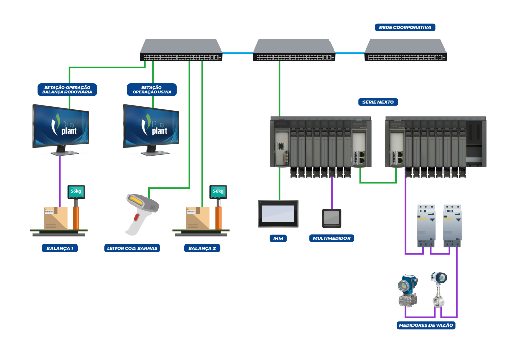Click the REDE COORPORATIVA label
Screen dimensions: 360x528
click(x=405, y=27)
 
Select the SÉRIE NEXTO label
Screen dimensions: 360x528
click(x=378, y=102)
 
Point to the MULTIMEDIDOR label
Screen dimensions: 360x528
click(x=332, y=238)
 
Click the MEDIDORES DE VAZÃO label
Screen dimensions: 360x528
click(x=426, y=325)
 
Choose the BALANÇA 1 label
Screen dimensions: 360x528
click(x=60, y=248)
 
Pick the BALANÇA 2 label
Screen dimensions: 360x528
click(x=202, y=248)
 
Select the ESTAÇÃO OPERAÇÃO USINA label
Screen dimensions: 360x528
click(x=152, y=90)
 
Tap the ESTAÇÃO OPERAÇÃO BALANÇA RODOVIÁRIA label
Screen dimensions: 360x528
click(x=67, y=90)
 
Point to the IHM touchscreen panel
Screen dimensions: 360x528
click(x=278, y=214)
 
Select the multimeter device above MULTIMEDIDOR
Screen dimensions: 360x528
click(x=332, y=218)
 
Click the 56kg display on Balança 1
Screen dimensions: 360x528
click(x=76, y=192)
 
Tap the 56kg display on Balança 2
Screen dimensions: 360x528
click(x=218, y=192)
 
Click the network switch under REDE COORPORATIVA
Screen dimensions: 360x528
click(x=405, y=50)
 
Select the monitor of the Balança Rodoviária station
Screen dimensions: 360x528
click(x=61, y=126)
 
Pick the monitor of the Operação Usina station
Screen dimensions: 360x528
click(x=151, y=126)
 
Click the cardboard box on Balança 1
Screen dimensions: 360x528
click(x=56, y=218)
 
